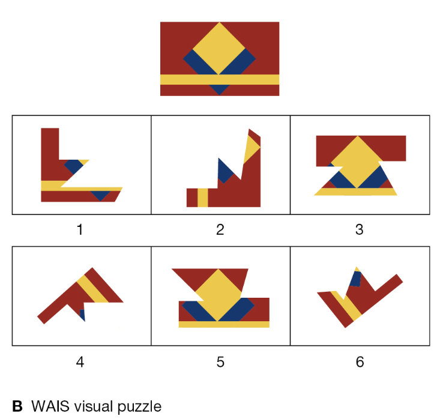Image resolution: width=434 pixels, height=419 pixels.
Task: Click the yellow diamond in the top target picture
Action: tap(219, 48)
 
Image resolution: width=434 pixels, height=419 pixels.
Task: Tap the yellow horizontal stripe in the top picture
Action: tap(219, 79)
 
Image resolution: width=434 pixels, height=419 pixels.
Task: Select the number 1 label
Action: tap(80, 229)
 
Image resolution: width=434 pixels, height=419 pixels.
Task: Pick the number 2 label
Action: tap(220, 229)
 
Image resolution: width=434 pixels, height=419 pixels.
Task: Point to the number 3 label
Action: tap(359, 229)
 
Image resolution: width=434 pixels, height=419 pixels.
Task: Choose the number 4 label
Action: tap(80, 362)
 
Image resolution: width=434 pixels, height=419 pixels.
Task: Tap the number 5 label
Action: tap(220, 362)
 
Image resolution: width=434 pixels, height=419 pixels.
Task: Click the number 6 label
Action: tap(360, 362)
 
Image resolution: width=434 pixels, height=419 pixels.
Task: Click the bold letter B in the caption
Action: tap(17, 406)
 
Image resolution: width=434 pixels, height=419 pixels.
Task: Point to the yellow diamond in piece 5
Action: tap(219, 292)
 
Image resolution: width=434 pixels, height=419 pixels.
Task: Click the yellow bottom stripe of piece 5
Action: tap(224, 324)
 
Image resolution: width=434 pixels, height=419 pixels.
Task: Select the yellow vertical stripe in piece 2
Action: tap(202, 197)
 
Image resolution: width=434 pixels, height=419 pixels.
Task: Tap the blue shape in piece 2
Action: tap(225, 172)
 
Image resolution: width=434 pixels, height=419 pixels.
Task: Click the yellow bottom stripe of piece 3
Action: tap(355, 192)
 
